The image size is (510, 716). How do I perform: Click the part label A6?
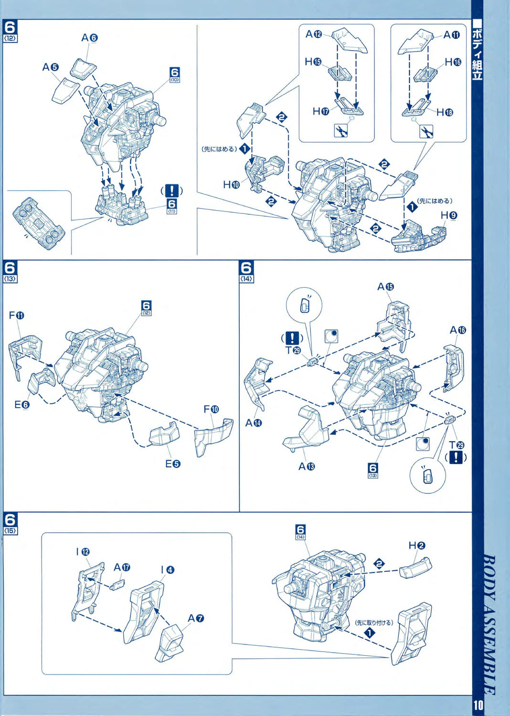89,38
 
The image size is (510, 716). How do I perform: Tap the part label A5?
50,67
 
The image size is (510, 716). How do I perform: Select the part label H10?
231,184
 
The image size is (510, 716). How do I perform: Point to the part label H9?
448,215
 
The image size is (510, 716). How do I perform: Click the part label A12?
314,34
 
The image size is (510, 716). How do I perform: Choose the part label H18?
444,112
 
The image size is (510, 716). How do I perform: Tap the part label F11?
16,316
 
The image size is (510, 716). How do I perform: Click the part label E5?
172,463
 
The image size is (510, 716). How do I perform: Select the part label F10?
211,409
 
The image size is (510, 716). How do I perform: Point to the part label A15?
385,286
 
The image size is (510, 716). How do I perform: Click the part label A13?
307,466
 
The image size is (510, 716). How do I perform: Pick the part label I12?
83,552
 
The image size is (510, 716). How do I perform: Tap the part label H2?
417,546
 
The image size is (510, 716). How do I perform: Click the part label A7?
196,618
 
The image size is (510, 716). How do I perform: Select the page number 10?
478,705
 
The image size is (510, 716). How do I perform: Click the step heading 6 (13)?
10,271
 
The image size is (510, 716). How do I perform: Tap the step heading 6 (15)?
10,523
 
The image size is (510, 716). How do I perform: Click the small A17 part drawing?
117,584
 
